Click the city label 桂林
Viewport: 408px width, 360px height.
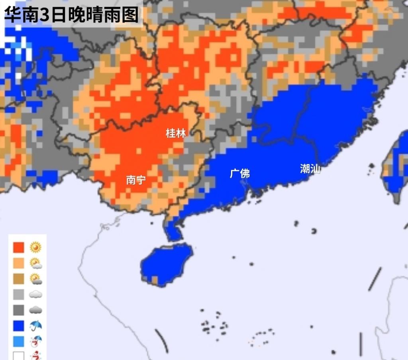176,133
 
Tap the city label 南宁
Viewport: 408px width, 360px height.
136,180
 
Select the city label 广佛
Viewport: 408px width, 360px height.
240,174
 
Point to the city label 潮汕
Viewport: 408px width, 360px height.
310,169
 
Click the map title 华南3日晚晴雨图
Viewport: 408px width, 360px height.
72,15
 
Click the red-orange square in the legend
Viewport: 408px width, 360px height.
18,248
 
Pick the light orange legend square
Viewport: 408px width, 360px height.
18,263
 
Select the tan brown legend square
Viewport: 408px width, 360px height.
18,279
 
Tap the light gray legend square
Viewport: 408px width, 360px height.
18,294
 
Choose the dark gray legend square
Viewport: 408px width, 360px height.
18,310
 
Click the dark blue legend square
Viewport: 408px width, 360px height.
18,326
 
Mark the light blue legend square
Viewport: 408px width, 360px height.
18,341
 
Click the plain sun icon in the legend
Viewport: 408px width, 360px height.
36,248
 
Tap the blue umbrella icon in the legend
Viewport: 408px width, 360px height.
36,326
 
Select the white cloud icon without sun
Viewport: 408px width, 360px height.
36,294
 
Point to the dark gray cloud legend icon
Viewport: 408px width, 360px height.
36,310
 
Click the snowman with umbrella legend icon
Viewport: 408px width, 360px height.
36,341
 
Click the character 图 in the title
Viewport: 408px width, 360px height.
130,15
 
